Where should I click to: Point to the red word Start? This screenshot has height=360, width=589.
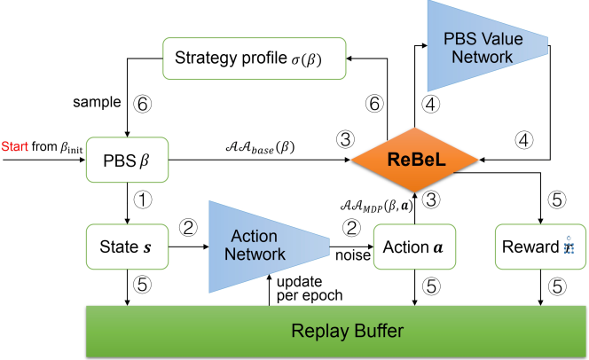tap(15, 146)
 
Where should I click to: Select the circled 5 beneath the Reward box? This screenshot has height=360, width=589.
tap(554, 286)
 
